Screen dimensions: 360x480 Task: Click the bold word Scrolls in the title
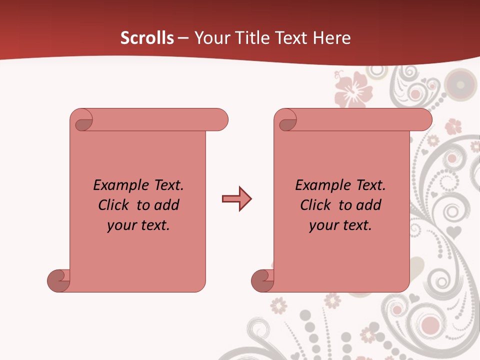147,38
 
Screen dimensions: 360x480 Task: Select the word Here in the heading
331,38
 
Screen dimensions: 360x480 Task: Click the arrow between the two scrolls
236,199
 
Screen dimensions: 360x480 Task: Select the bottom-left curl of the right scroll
261,280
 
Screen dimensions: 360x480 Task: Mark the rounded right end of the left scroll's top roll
220,120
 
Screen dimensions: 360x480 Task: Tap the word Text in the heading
290,38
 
